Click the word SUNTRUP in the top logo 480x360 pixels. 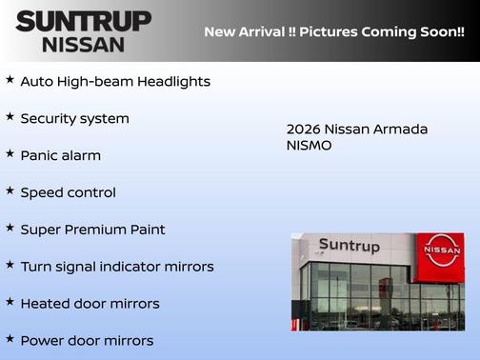83,21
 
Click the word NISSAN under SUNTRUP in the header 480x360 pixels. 83,44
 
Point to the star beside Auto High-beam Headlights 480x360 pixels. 10,80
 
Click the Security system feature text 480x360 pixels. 74,119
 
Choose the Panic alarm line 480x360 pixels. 60,155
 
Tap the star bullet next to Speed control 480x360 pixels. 10,190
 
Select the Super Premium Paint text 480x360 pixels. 92,230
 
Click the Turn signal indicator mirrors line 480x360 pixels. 116,267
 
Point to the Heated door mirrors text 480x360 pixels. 90,304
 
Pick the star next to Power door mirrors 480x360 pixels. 10,338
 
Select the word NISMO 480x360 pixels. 309,147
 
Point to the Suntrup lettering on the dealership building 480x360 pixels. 349,246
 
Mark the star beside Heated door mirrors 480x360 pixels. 10,302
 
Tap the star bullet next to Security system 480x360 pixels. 10,117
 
